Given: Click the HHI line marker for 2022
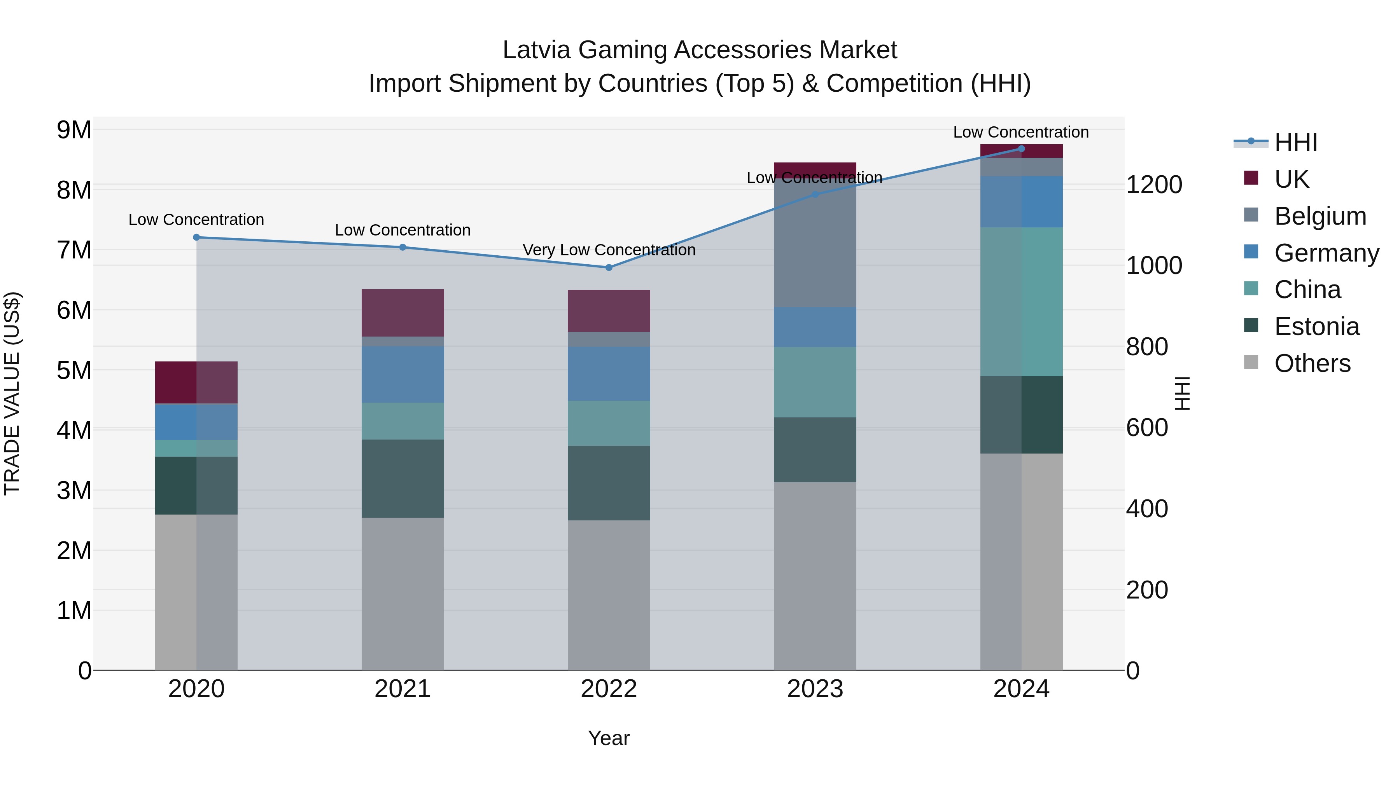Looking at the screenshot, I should pyautogui.click(x=609, y=267).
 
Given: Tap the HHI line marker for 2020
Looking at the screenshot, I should pyautogui.click(x=196, y=237).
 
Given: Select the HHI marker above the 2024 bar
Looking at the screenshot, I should pyautogui.click(x=1021, y=149).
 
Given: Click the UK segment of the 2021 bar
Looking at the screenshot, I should pyautogui.click(x=403, y=312).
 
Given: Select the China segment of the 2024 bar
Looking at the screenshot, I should pyautogui.click(x=1021, y=302).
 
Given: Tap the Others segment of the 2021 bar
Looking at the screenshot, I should pyautogui.click(x=403, y=593).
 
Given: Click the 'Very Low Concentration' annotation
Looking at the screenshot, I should pyautogui.click(x=609, y=250).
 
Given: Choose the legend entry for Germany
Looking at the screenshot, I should pyautogui.click(x=1326, y=253).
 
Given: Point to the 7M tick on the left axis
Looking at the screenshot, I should pyautogui.click(x=74, y=250).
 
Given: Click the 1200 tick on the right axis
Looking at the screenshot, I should pyautogui.click(x=1153, y=185).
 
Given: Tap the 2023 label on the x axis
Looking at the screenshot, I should pyautogui.click(x=815, y=689).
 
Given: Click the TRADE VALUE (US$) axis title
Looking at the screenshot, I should pyautogui.click(x=12, y=393).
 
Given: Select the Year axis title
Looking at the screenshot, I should pyautogui.click(x=609, y=738).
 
